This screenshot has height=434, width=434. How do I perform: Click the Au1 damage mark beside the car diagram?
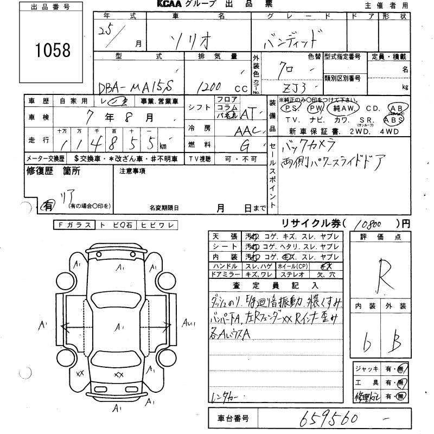189,326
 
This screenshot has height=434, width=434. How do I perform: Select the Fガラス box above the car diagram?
74,225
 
